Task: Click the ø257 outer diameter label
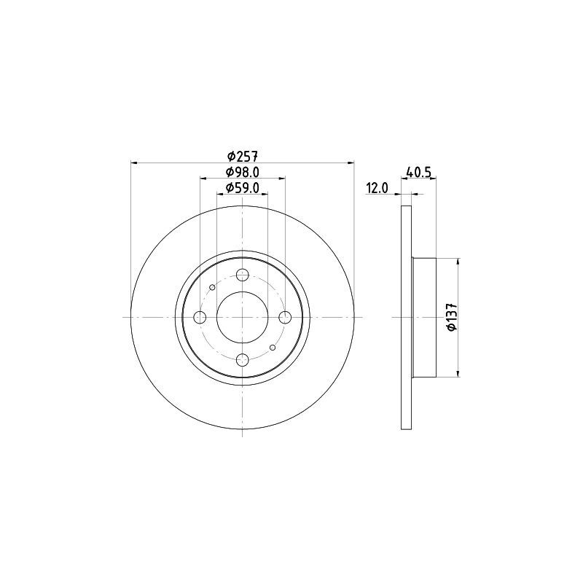243,155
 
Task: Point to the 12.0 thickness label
376,188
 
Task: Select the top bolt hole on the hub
243,275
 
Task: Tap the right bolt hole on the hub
286,317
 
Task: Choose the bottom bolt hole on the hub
243,360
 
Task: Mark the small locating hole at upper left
212,287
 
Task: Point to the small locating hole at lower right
273,348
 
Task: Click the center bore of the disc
243,317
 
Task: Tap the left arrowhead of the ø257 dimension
134,163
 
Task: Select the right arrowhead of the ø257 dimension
351,163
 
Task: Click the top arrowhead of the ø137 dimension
458,262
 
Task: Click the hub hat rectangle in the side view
423,317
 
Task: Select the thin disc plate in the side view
407,317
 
